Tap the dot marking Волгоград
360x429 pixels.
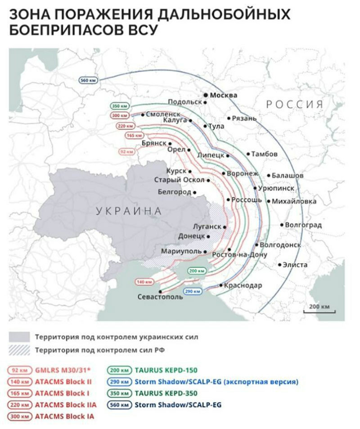[282, 224]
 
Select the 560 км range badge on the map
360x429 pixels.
[89, 80]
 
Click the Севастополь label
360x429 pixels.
[160, 297]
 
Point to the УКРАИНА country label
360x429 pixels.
[128, 211]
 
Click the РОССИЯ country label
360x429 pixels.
[295, 104]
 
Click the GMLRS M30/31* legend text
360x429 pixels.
[63, 370]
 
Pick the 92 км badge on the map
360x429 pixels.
[126, 152]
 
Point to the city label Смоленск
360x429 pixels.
[163, 115]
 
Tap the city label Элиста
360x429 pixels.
[295, 265]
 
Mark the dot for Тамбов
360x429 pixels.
[248, 154]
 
